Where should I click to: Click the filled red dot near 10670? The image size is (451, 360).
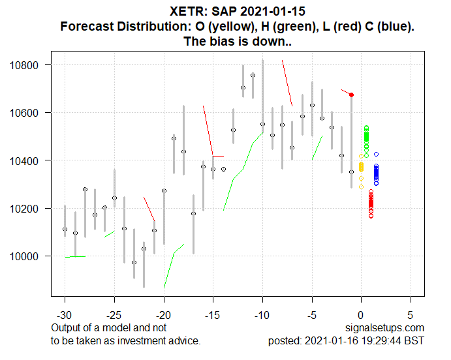(x=352, y=95)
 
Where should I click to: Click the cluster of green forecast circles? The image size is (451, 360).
(x=366, y=138)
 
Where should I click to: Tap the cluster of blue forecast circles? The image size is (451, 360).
(x=376, y=173)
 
